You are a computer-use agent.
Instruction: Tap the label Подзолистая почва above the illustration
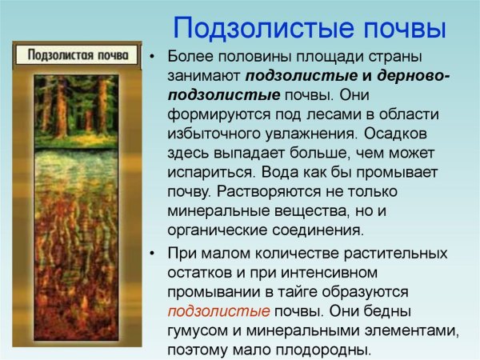coord(78,55)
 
